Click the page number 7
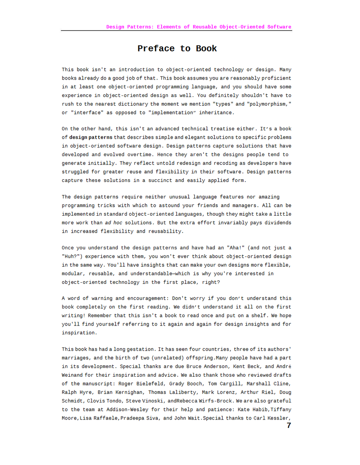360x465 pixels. (289, 426)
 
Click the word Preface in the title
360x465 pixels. (156, 49)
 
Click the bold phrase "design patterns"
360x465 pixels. (91, 138)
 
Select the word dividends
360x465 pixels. (278, 222)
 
